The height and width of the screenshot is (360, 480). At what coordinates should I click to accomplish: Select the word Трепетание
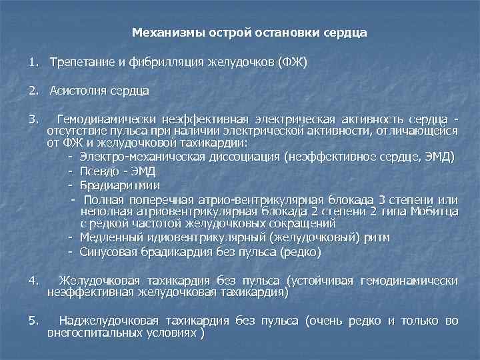pyautogui.click(x=77, y=62)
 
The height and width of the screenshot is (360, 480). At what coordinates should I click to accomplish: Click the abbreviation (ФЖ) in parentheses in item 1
pyautogui.click(x=293, y=62)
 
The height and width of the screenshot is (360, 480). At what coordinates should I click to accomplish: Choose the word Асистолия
pyautogui.click(x=73, y=90)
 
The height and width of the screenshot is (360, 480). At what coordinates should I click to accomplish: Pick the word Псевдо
pyautogui.click(x=100, y=171)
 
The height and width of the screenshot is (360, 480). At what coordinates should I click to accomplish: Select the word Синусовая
pyautogui.click(x=107, y=252)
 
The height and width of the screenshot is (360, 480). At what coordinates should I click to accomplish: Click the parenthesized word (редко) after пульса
pyautogui.click(x=301, y=252)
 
